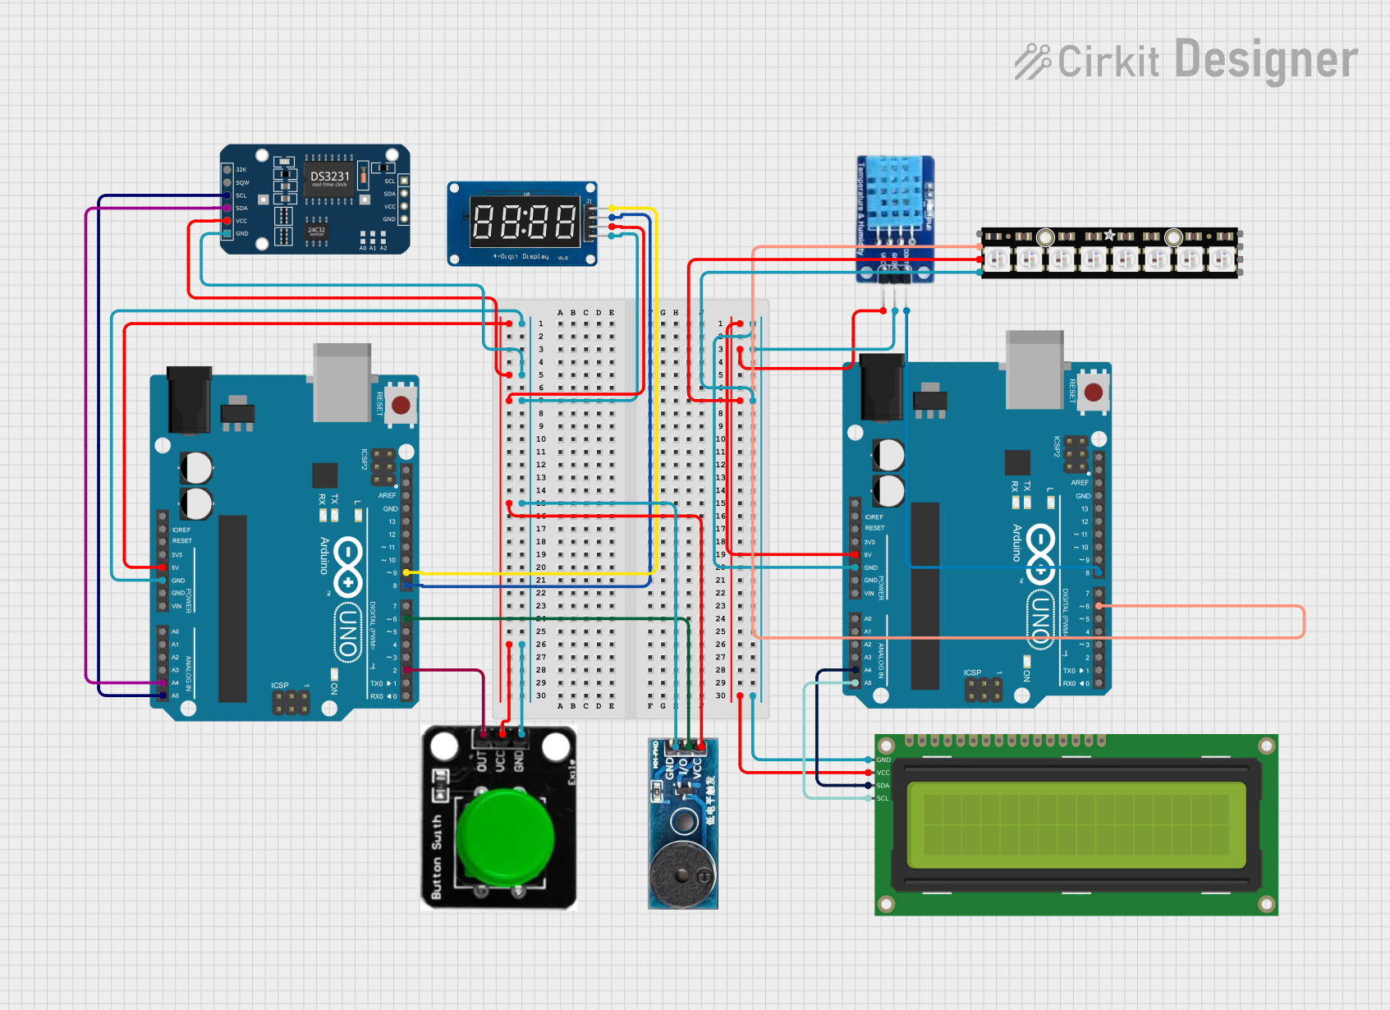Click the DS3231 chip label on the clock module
tap(329, 177)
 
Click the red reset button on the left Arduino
tap(401, 405)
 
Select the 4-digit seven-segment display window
tap(524, 222)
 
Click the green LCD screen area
tap(1076, 824)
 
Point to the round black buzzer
tap(681, 874)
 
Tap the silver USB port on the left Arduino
tap(342, 382)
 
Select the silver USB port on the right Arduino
tap(1035, 369)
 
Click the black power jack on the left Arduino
tap(189, 400)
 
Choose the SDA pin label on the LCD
tap(883, 786)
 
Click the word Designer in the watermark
tap(1266, 60)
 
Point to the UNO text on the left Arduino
tap(348, 632)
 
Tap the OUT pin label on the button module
tap(482, 760)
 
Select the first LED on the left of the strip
tap(996, 260)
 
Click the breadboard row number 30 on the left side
tap(541, 696)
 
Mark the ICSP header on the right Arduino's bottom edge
tap(983, 689)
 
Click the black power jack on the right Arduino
tap(882, 387)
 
